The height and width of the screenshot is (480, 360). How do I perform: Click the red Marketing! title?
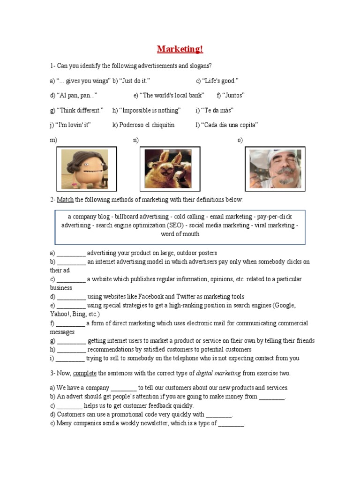pos(180,49)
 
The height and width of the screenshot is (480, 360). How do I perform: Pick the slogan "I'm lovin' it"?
pos(73,125)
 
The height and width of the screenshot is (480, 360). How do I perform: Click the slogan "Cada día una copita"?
pos(229,125)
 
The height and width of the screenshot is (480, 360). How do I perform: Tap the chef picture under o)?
pos(275,169)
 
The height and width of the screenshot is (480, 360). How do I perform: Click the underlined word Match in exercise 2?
pos(65,200)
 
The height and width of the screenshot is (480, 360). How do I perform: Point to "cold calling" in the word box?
pos(189,217)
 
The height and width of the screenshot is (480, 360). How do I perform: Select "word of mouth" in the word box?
pos(180,234)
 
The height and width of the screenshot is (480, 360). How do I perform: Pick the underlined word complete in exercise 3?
pos(85,373)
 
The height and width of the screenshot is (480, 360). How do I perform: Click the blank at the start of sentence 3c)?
pos(69,405)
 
